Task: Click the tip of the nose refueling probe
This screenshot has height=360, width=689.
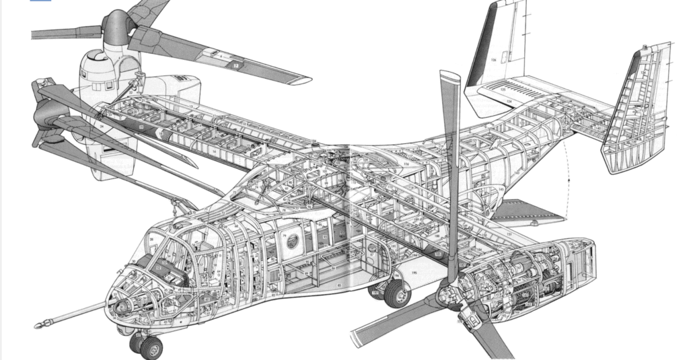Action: click(x=38, y=325)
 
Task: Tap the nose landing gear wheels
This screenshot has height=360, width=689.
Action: click(x=149, y=346)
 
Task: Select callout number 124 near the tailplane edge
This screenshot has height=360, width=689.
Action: click(x=509, y=102)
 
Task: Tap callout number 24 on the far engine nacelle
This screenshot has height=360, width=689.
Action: click(x=101, y=125)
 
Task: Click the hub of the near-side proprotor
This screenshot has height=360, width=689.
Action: click(x=449, y=296)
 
